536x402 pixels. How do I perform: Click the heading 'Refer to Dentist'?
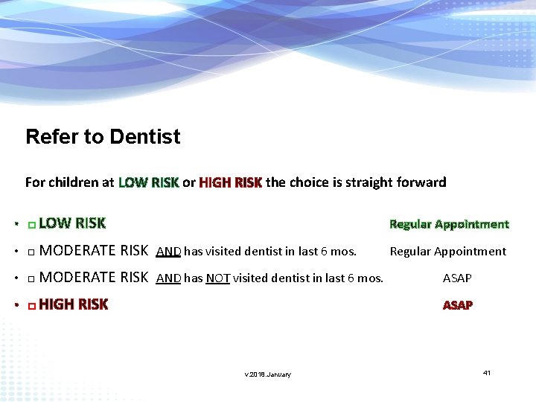click(103, 137)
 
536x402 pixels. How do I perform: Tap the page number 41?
click(487, 372)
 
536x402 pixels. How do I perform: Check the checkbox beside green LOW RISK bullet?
click(31, 224)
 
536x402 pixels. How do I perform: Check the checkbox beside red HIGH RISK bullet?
click(31, 306)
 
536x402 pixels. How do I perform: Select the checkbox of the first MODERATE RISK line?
click(31, 252)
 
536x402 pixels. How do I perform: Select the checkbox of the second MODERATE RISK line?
click(31, 279)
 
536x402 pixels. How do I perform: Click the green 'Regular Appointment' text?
click(449, 224)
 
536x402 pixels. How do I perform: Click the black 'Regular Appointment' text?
click(447, 252)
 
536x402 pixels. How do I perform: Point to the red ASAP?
click(458, 305)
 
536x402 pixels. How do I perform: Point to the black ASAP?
click(457, 278)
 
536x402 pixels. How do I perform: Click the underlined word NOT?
click(217, 278)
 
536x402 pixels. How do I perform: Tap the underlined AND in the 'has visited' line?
click(168, 252)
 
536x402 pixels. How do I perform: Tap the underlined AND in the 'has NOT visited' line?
click(168, 278)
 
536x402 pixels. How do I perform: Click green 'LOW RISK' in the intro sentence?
click(148, 182)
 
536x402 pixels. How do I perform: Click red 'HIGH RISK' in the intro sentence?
click(230, 182)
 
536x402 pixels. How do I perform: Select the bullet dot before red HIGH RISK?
click(16, 306)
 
